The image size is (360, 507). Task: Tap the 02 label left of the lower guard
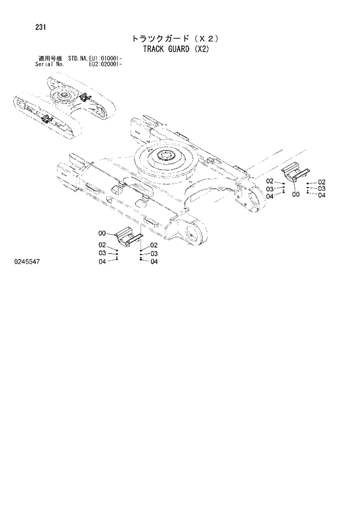coord(102,245)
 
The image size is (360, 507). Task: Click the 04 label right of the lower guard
coord(154,262)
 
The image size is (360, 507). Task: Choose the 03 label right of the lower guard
coord(154,254)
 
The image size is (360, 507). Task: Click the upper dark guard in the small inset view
coord(84,97)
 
